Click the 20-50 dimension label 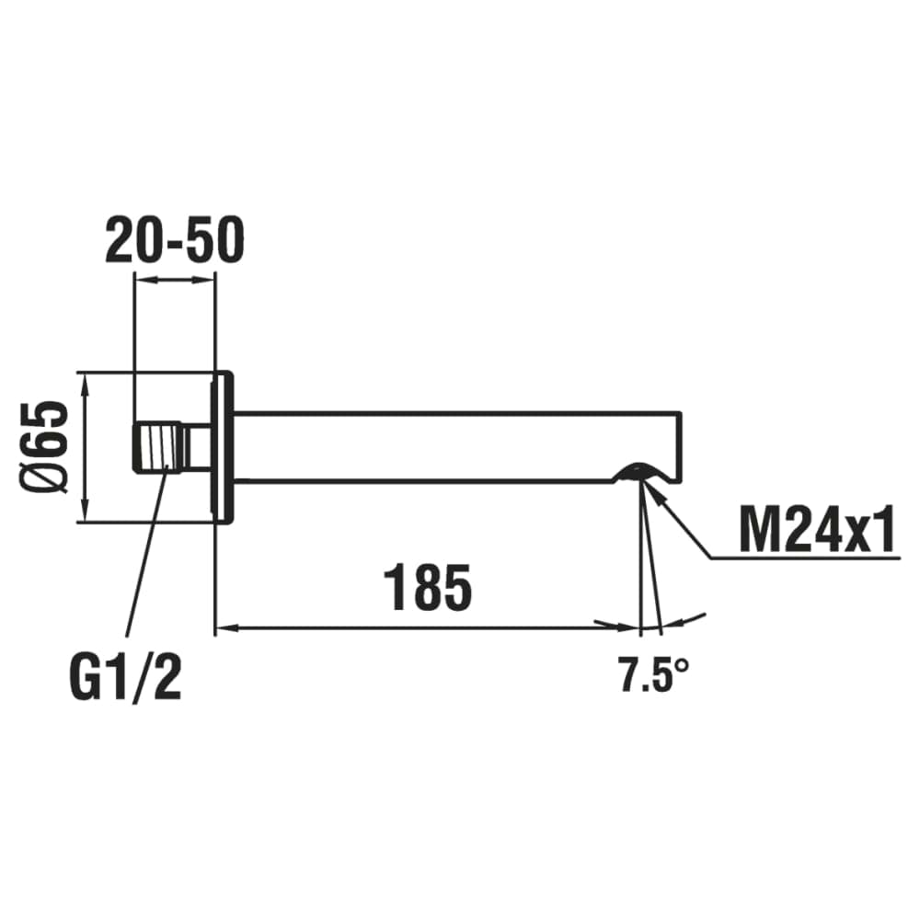[x=174, y=240]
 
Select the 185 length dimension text [x=427, y=587]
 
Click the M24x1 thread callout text [x=817, y=529]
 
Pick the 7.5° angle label [x=654, y=675]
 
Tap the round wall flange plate [x=223, y=447]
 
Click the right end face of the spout [x=683, y=447]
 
